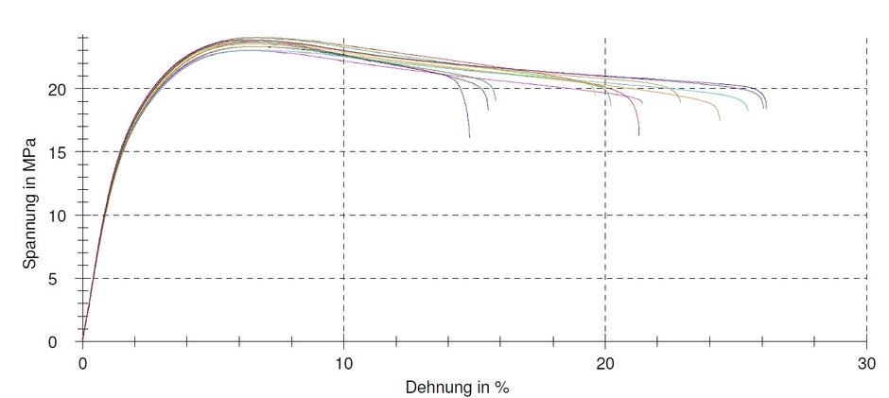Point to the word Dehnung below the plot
pyautogui.click(x=438, y=388)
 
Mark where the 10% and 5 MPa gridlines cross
pyautogui.click(x=344, y=278)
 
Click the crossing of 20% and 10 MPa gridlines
pyautogui.click(x=605, y=215)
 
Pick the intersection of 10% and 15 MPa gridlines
pyautogui.click(x=344, y=151)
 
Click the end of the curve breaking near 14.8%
pyautogui.click(x=469, y=137)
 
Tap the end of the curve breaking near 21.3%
pyautogui.click(x=638, y=135)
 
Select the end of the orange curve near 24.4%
pyautogui.click(x=720, y=120)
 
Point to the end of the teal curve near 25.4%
pyautogui.click(x=747, y=111)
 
